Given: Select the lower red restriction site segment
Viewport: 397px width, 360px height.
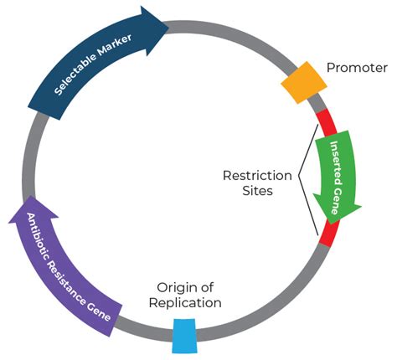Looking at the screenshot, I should (x=329, y=232).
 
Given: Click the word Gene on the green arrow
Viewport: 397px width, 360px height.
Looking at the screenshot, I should (x=337, y=198).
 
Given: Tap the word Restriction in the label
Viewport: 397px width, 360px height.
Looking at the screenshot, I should (x=257, y=176).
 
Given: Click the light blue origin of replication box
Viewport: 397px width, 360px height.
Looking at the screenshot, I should (x=183, y=335).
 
